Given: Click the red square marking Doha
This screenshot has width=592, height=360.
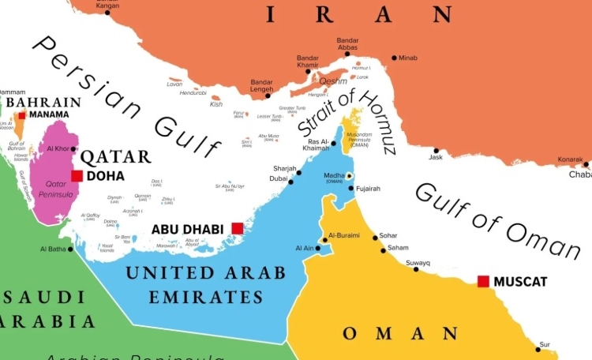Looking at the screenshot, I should pyautogui.click(x=77, y=176).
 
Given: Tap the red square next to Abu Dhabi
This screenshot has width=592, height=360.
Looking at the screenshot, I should pyautogui.click(x=237, y=228).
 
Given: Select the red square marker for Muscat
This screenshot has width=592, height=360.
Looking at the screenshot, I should pyautogui.click(x=483, y=281).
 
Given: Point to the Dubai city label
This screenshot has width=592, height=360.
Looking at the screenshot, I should pyautogui.click(x=279, y=178).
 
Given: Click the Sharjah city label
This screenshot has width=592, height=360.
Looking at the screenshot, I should pyautogui.click(x=284, y=169).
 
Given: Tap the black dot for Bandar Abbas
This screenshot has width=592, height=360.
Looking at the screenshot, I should pyautogui.click(x=347, y=54).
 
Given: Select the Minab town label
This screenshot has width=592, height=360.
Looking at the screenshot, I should pyautogui.click(x=408, y=58).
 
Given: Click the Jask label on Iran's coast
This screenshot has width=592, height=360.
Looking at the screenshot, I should pyautogui.click(x=436, y=157).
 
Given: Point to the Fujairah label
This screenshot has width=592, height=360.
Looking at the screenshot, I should pyautogui.click(x=368, y=189).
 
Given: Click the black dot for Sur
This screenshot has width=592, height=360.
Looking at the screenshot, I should pyautogui.click(x=538, y=348).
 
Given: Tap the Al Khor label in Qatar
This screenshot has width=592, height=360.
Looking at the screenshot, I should pyautogui.click(x=58, y=148).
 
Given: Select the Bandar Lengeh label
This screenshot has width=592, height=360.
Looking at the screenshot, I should pyautogui.click(x=261, y=86).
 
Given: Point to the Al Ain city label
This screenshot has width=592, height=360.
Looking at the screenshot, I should pyautogui.click(x=305, y=248).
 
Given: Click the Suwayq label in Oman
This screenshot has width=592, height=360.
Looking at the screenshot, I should pyautogui.click(x=418, y=262).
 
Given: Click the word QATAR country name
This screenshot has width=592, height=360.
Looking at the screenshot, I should pyautogui.click(x=116, y=156).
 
